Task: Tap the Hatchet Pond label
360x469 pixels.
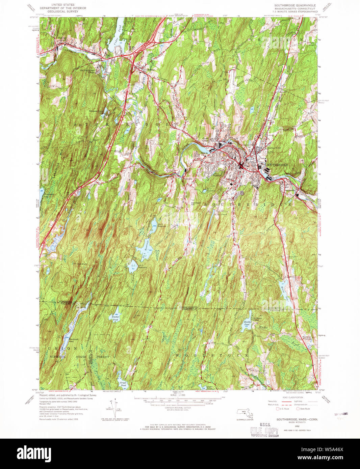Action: pos(115,318)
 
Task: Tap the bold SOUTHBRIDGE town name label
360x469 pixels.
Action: pos(277,165)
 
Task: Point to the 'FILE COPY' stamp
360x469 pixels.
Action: pos(264,431)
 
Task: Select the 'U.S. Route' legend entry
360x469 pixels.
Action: pos(283,409)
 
